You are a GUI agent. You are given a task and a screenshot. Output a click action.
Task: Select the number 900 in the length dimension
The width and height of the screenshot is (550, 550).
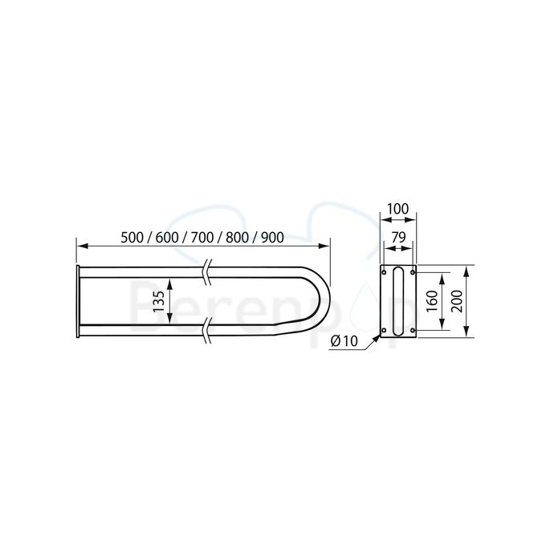click(272, 238)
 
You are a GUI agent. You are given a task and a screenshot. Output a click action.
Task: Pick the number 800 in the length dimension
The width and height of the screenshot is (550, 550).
click(237, 238)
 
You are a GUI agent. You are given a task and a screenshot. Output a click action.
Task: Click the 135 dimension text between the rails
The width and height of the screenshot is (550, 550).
click(158, 300)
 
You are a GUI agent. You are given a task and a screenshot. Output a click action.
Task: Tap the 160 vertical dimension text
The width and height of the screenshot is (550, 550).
click(431, 301)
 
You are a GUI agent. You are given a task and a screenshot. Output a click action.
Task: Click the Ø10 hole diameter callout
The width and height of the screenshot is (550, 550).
click(344, 340)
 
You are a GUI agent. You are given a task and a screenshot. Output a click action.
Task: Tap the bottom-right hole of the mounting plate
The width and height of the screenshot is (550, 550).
click(413, 329)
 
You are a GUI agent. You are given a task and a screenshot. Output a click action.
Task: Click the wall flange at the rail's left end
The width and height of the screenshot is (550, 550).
click(77, 300)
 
